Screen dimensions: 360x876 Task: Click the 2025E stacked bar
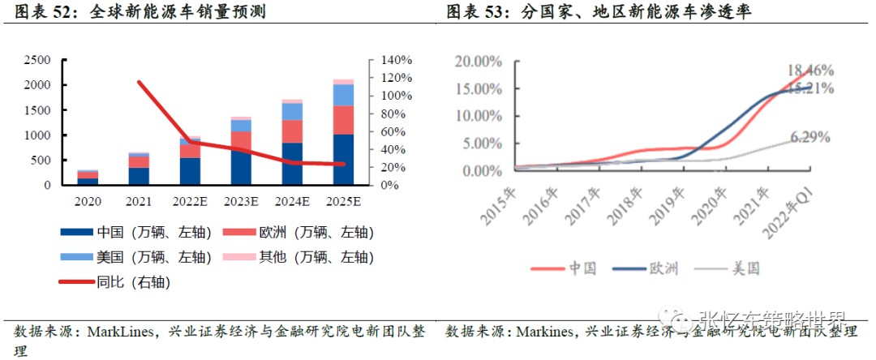(343, 134)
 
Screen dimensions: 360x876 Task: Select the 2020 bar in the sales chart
(87, 178)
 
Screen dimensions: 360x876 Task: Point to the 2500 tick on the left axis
(36, 60)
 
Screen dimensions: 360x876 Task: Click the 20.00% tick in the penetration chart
(479, 62)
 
